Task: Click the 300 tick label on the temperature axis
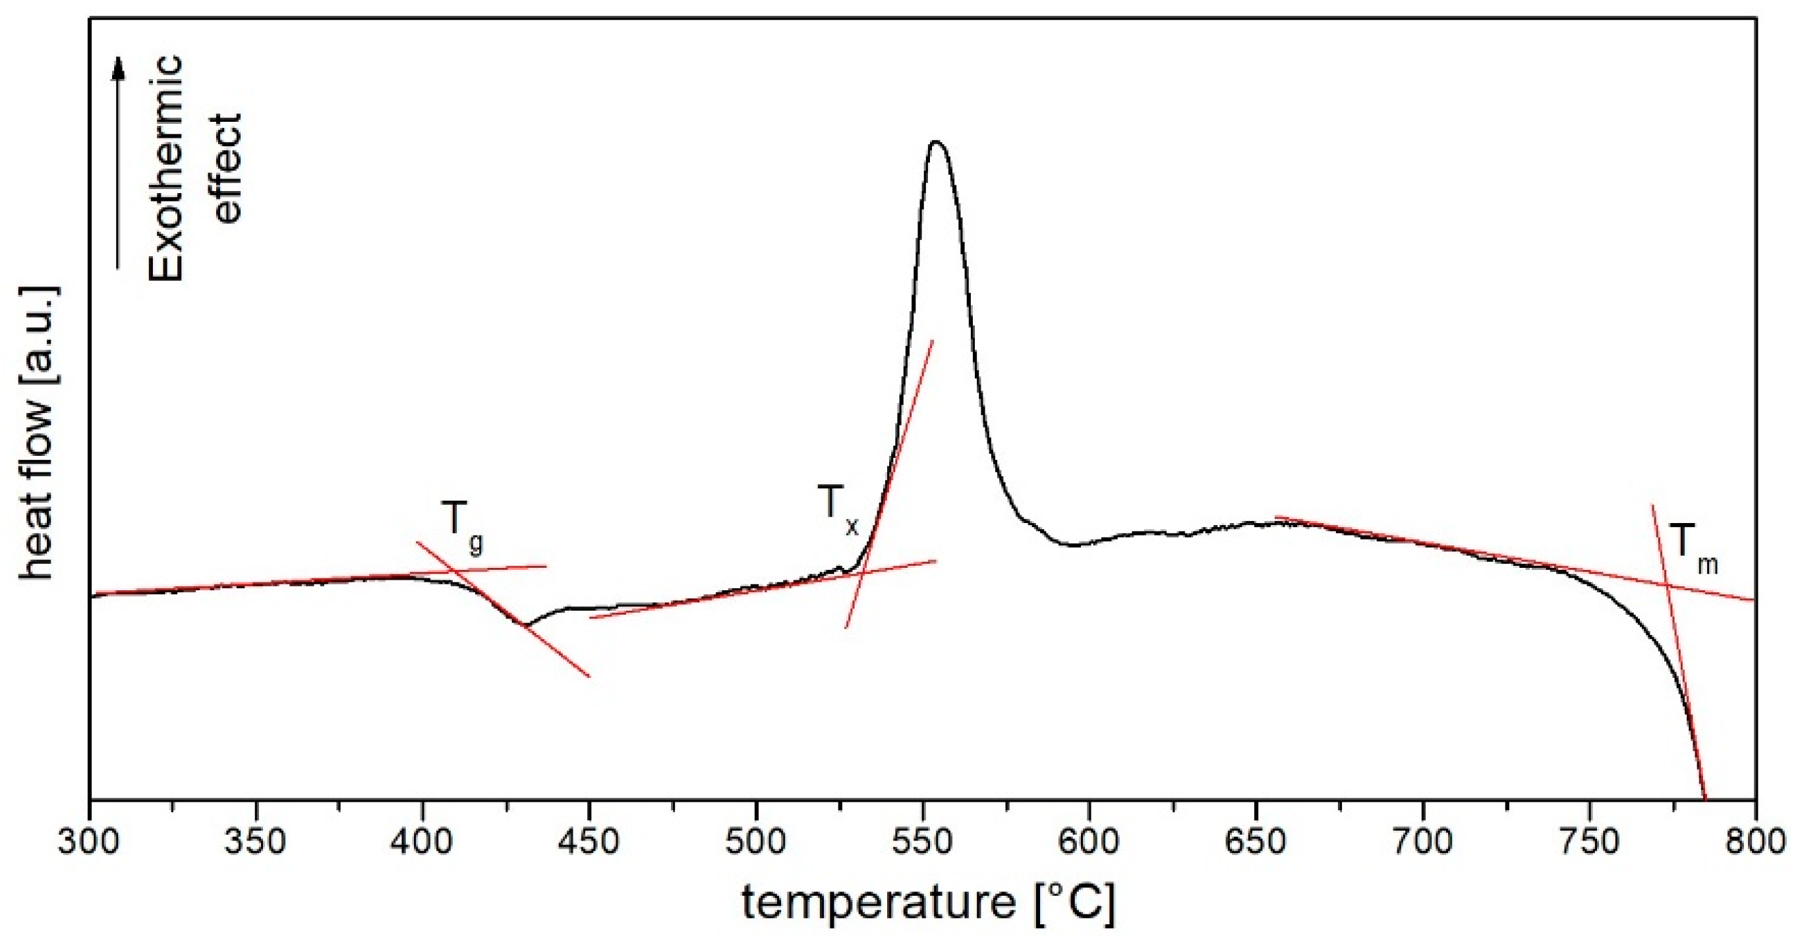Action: pyautogui.click(x=89, y=842)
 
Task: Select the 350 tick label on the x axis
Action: pyautogui.click(x=256, y=842)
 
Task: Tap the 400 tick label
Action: pyautogui.click(x=422, y=842)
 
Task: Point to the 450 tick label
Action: pyautogui.click(x=589, y=842)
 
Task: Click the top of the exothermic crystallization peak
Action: pyautogui.click(x=937, y=142)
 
